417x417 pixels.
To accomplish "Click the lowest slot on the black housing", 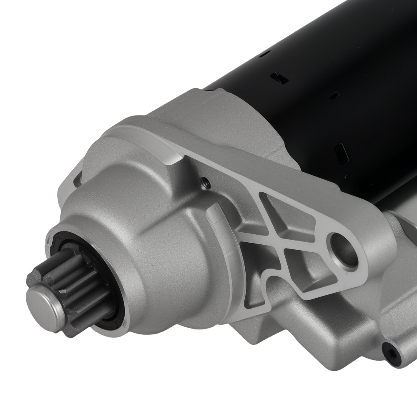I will (342, 153).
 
